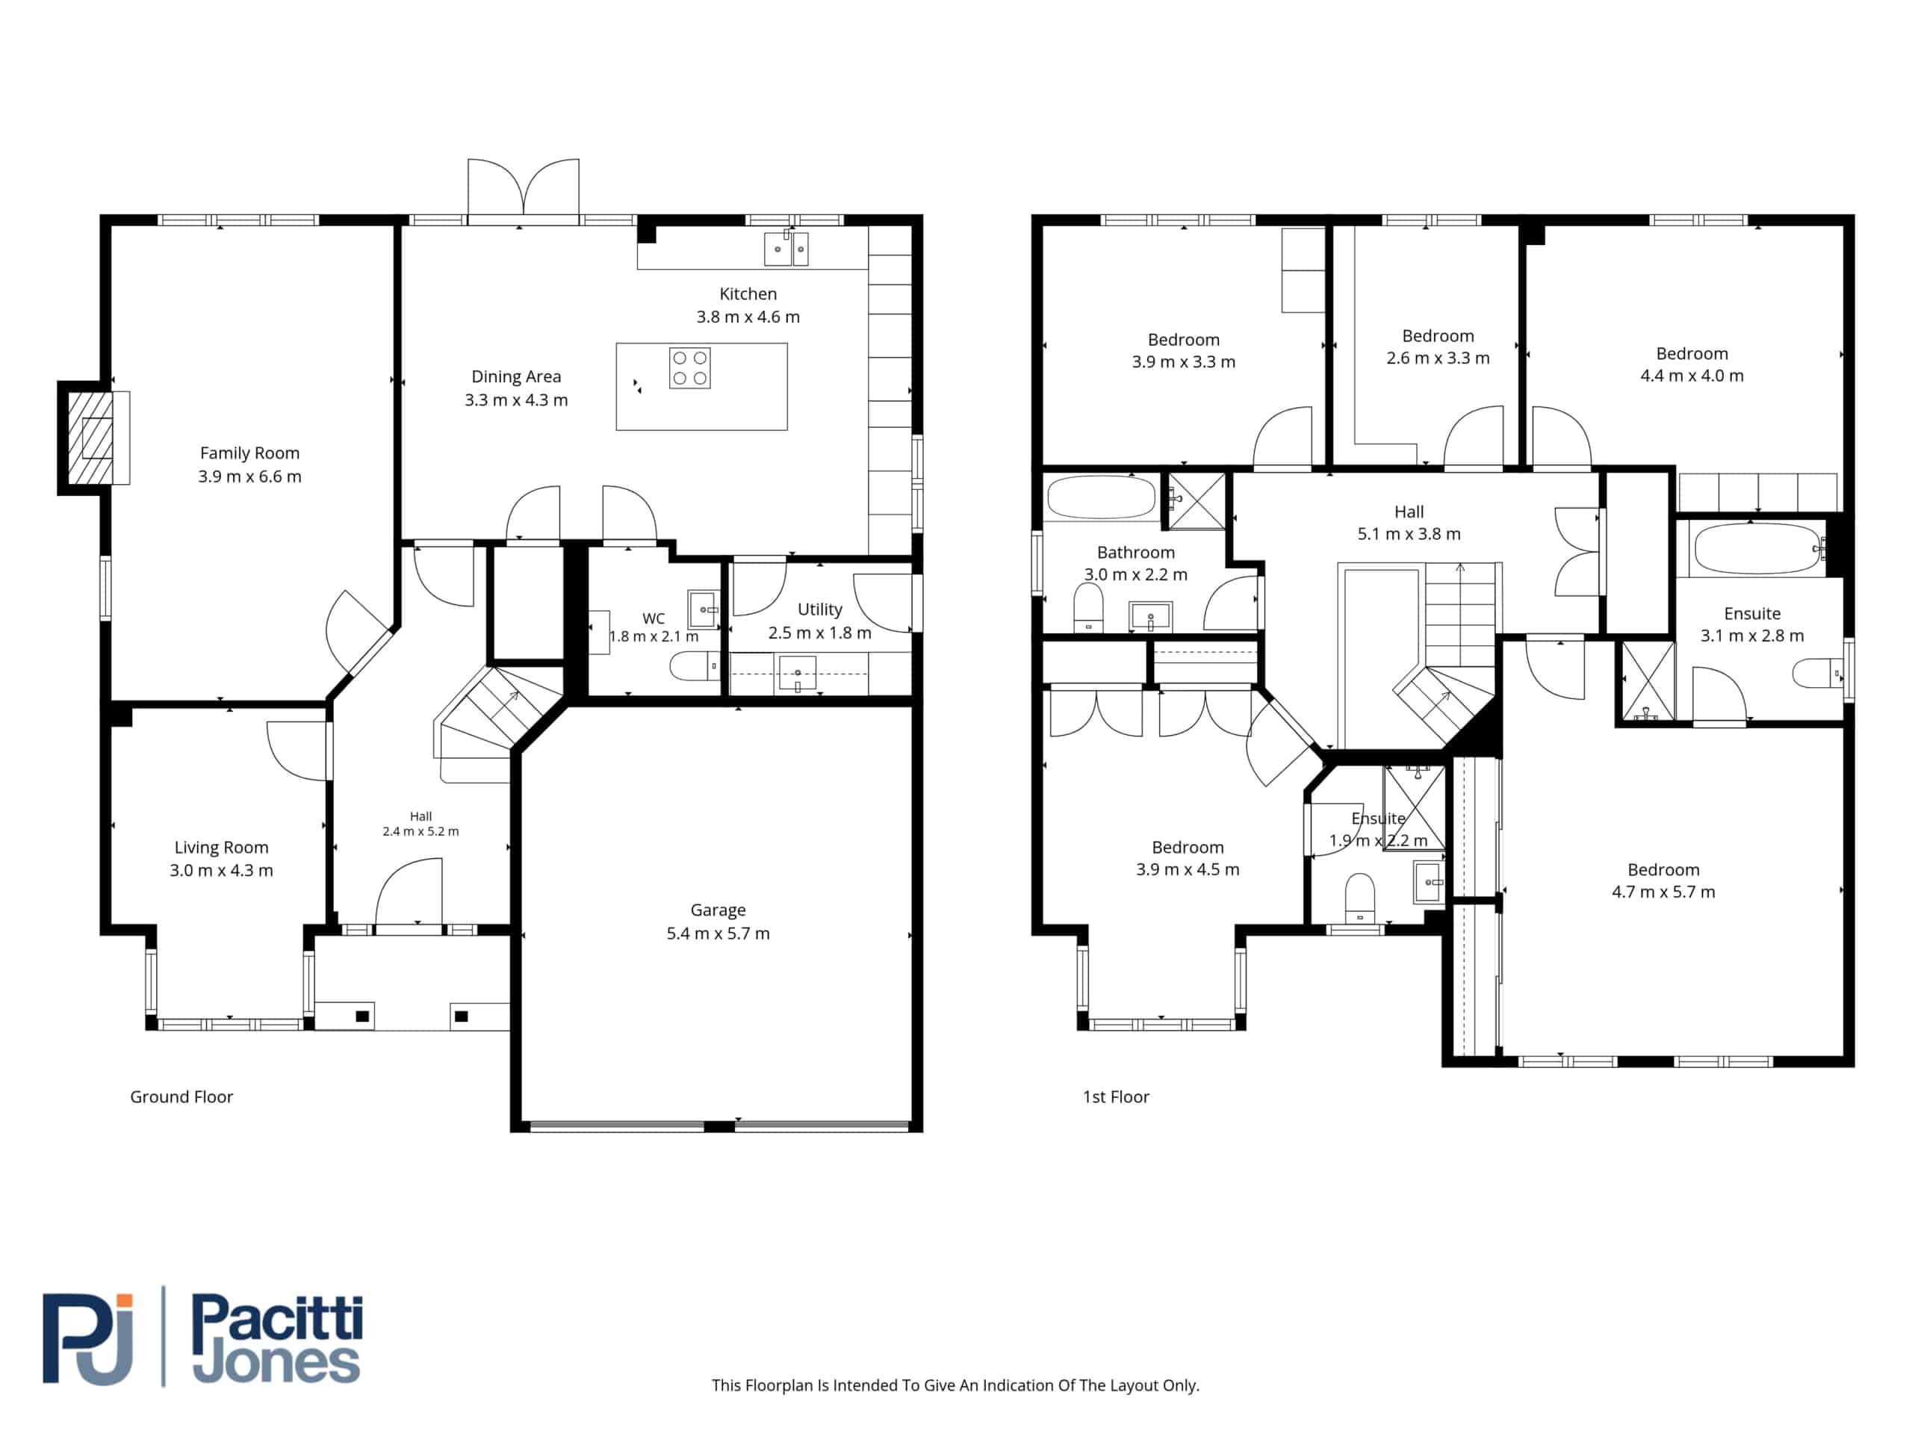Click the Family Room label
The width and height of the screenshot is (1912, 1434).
coord(249,453)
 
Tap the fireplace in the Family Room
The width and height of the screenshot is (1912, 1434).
coord(94,438)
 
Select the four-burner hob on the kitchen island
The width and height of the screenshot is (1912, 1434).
coord(690,368)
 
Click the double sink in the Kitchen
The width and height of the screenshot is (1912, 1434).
coord(786,249)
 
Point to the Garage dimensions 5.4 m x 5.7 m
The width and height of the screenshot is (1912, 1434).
coord(718,934)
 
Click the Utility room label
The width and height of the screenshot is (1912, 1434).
coord(819,609)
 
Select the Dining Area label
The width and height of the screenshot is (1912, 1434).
coord(516,377)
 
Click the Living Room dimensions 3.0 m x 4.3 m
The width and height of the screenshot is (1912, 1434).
coord(221,870)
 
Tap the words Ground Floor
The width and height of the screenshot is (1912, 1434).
coord(181,1097)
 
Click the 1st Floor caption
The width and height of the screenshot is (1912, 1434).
coord(1116,1097)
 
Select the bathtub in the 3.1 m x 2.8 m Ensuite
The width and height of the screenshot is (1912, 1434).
coord(1757,548)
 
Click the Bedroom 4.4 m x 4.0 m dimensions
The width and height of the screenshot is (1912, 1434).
coord(1692,376)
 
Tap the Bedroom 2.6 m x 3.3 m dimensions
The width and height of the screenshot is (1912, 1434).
coord(1438,358)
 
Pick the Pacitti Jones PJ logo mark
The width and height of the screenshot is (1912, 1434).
coord(88,1338)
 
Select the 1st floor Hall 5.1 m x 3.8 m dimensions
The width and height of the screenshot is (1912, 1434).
coord(1409,534)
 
